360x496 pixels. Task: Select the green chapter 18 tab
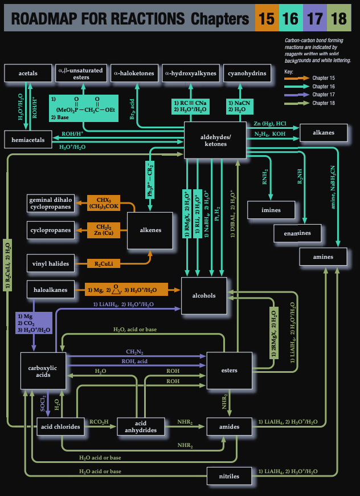(338, 19)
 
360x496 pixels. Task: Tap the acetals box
(28, 74)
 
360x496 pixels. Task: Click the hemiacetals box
(28, 140)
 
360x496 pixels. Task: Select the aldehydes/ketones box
(215, 140)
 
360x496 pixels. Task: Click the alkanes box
(324, 133)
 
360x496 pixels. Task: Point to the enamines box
(297, 233)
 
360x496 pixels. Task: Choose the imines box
(271, 210)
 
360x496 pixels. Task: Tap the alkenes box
(150, 230)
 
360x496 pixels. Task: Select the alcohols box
(204, 295)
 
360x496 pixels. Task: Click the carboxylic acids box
(43, 372)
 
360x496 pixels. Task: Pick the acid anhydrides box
(141, 426)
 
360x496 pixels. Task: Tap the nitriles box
(229, 474)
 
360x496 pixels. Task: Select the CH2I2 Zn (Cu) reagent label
(104, 230)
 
